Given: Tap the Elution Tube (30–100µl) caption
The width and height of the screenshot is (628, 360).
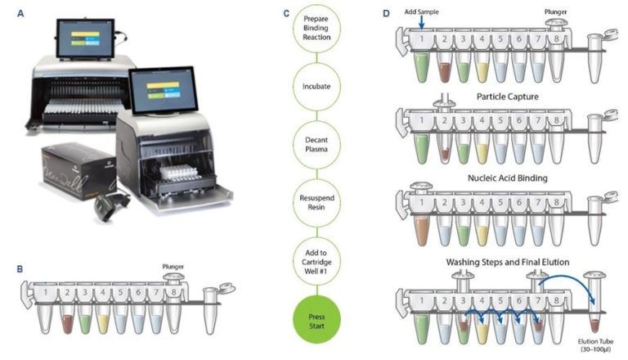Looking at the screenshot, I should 595,346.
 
